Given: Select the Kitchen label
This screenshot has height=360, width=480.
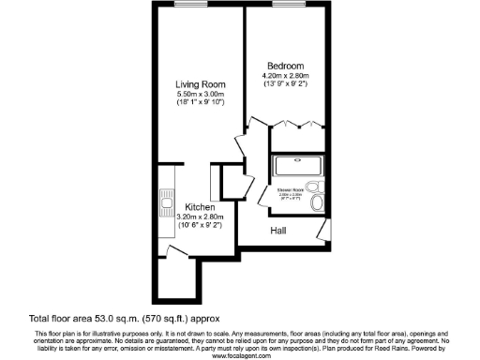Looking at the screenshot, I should [x=201, y=207].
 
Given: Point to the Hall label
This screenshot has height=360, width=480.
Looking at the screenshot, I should [x=278, y=231].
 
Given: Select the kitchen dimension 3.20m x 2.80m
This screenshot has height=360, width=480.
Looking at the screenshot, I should [x=201, y=217].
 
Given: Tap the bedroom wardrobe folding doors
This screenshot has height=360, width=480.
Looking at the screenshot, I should [x=296, y=124].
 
